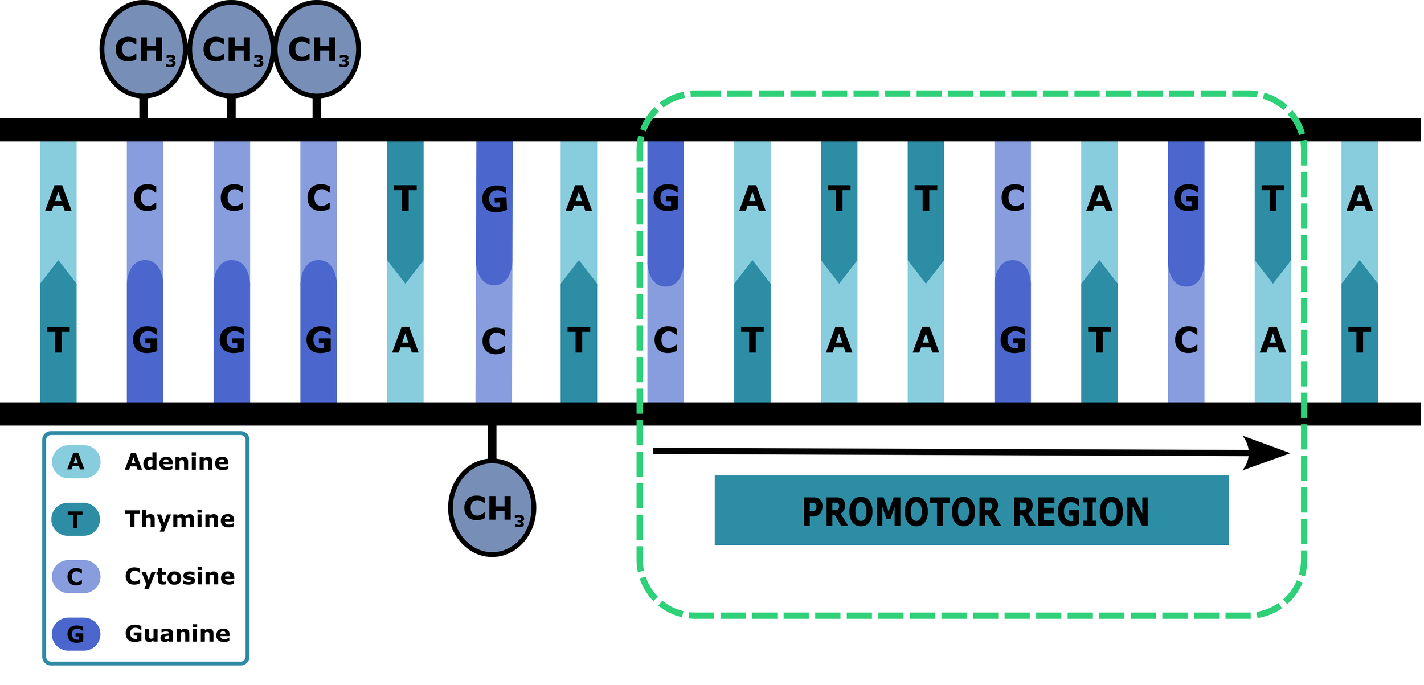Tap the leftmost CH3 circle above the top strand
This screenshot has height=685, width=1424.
tap(144, 49)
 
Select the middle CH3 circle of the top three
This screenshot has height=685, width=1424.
tap(231, 49)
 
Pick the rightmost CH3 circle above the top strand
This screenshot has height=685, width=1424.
tap(317, 49)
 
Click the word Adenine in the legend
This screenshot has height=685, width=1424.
tap(177, 462)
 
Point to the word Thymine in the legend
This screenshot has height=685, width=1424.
tap(180, 519)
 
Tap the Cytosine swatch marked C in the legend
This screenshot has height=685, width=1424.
tap(76, 577)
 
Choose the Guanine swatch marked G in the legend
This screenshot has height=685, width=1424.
tap(76, 634)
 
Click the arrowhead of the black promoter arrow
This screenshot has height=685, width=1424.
tap(1267, 454)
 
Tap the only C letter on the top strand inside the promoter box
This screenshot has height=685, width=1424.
tap(1013, 199)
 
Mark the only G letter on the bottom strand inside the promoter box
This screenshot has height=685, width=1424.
tap(1013, 341)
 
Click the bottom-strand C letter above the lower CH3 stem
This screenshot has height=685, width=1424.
tap(494, 342)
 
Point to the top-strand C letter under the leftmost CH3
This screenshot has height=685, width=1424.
tap(145, 199)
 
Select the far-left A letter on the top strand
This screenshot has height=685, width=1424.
tap(58, 199)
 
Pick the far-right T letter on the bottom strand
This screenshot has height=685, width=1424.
tap(1360, 341)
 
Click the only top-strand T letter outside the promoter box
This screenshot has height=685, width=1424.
tap(405, 199)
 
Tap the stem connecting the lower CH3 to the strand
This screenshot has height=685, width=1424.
tap(492, 442)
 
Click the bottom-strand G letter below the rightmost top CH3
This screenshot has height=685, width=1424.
tap(319, 341)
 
